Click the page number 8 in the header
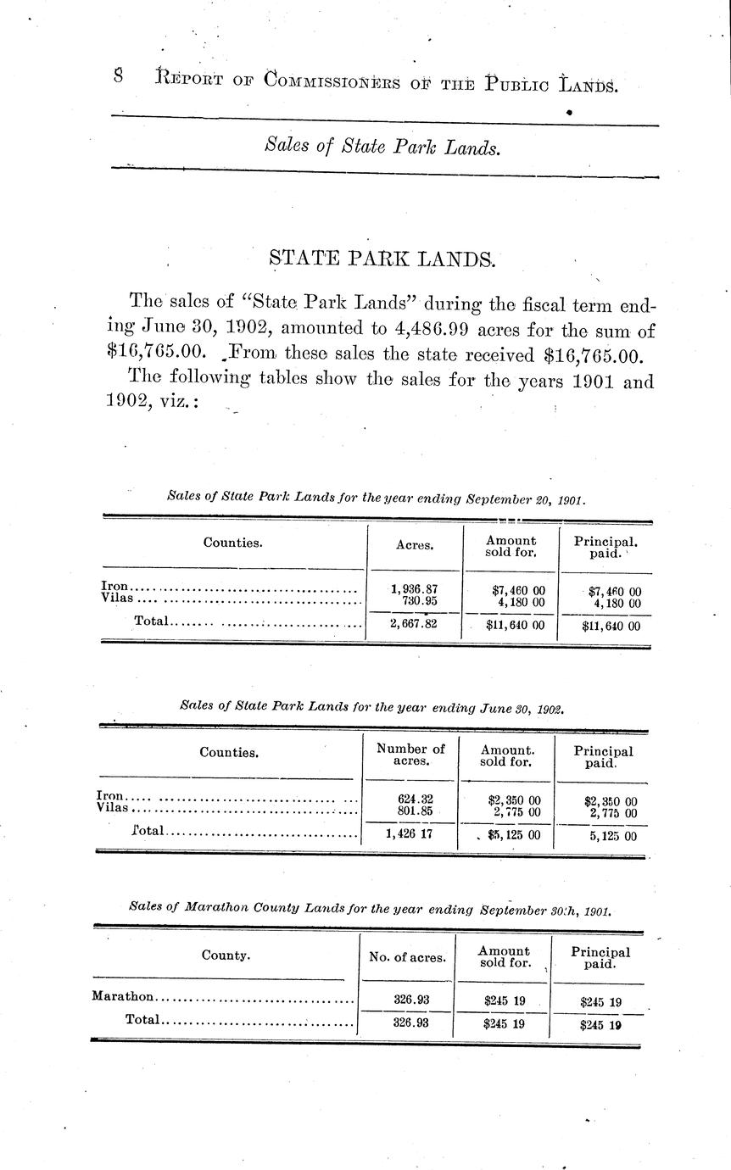coord(119,76)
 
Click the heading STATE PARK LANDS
coord(382,259)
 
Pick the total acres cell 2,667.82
coord(414,626)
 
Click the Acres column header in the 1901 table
coord(415,545)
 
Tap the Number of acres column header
coord(410,755)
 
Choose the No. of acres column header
coord(407,958)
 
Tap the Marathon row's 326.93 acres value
coord(411,1000)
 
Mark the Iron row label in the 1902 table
coord(111,796)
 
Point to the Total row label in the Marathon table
coord(142,1020)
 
